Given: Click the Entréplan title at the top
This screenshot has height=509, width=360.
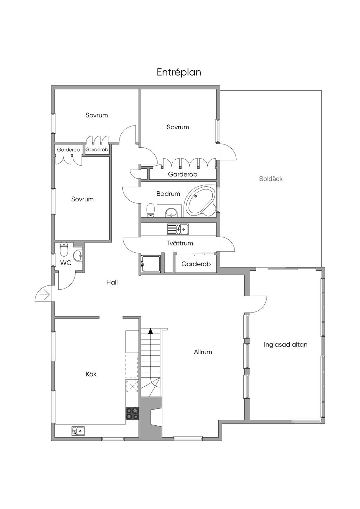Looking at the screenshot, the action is pos(179,72).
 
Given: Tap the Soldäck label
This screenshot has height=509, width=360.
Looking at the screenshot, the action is pos(271,179).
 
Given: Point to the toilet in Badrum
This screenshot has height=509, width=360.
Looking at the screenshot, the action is pos(150,210).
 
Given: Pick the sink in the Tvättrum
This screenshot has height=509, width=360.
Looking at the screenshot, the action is pos(178,229).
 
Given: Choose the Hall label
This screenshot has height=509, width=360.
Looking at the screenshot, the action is pos(112,283).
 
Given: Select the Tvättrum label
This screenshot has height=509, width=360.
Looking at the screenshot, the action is pos(180,243).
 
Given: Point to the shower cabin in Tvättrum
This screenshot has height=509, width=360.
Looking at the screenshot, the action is pos(151,263).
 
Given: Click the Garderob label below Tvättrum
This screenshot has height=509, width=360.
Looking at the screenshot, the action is pos(196,264).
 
